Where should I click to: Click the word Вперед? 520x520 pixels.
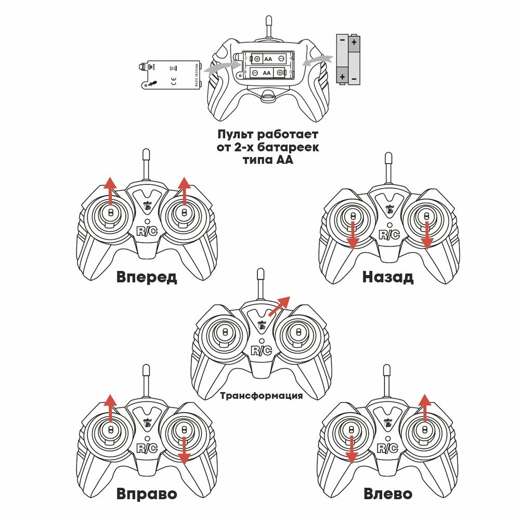[x=147, y=277]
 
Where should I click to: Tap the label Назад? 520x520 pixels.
[x=388, y=277]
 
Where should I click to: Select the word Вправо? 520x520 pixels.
[x=147, y=493]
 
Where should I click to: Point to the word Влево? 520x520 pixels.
[x=388, y=493]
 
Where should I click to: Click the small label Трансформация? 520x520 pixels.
[x=261, y=396]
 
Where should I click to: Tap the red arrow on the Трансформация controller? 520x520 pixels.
[x=279, y=305]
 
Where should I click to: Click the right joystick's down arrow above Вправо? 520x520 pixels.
[x=183, y=450]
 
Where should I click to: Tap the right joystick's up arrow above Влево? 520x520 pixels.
[x=425, y=408]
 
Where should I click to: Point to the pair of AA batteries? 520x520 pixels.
[x=347, y=59]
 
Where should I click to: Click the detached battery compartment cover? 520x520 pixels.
[x=169, y=74]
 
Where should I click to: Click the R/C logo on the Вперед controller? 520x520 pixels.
[x=147, y=231]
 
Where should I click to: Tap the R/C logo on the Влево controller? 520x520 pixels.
[x=388, y=448]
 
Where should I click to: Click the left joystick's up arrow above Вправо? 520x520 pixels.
[x=110, y=408]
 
